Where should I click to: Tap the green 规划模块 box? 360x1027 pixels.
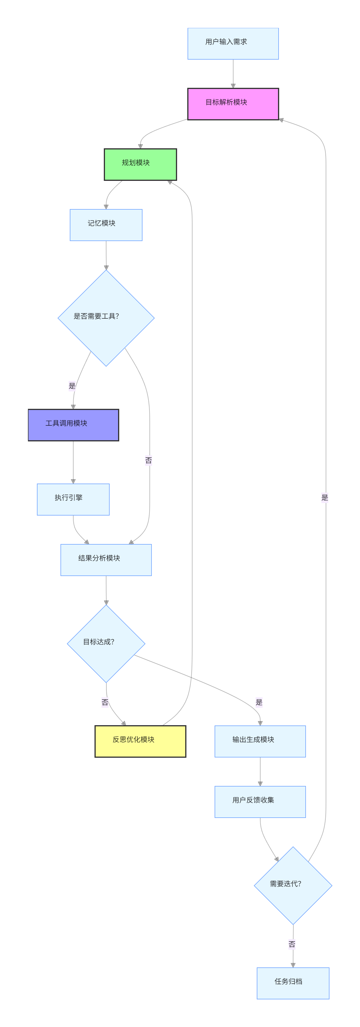(x=140, y=164)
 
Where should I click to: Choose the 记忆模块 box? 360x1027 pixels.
(x=106, y=225)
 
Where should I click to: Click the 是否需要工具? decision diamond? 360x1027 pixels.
(x=106, y=318)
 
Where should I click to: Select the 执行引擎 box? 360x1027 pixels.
(x=73, y=499)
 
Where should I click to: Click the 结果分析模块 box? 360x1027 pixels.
(x=106, y=560)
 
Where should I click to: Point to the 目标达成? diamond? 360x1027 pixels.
(x=106, y=643)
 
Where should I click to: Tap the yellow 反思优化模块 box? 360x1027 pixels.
(x=140, y=741)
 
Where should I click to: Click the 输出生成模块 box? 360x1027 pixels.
(x=260, y=741)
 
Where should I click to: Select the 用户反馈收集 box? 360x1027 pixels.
(x=260, y=802)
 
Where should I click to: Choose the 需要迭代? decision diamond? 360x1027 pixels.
(x=293, y=885)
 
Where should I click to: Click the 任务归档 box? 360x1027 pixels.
(x=293, y=983)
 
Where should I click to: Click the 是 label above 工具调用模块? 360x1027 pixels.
(x=72, y=386)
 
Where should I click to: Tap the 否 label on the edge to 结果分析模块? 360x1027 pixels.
(x=149, y=460)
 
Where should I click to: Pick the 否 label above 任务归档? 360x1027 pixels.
(x=292, y=944)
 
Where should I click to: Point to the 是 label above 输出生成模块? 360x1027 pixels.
(x=259, y=702)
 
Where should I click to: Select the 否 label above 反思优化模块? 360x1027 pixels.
(x=105, y=702)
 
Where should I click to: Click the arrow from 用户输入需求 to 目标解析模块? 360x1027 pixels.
(x=233, y=74)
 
